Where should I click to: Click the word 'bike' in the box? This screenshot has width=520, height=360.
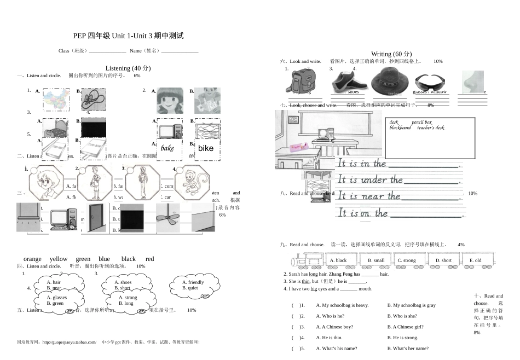206,148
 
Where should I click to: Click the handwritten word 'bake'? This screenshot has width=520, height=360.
167,148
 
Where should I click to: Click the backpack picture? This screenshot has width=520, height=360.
299,83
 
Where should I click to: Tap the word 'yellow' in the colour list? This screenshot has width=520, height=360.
59,259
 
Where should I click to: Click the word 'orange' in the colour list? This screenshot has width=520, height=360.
32,259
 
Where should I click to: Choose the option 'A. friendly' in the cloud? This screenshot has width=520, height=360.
193,282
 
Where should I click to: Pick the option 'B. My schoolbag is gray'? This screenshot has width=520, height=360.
411,305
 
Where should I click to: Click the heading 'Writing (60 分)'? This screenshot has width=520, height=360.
391,54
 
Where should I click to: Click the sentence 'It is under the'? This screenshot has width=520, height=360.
370,179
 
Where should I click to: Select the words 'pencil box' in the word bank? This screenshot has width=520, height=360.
421,122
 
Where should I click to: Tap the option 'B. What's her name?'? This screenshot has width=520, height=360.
408,349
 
